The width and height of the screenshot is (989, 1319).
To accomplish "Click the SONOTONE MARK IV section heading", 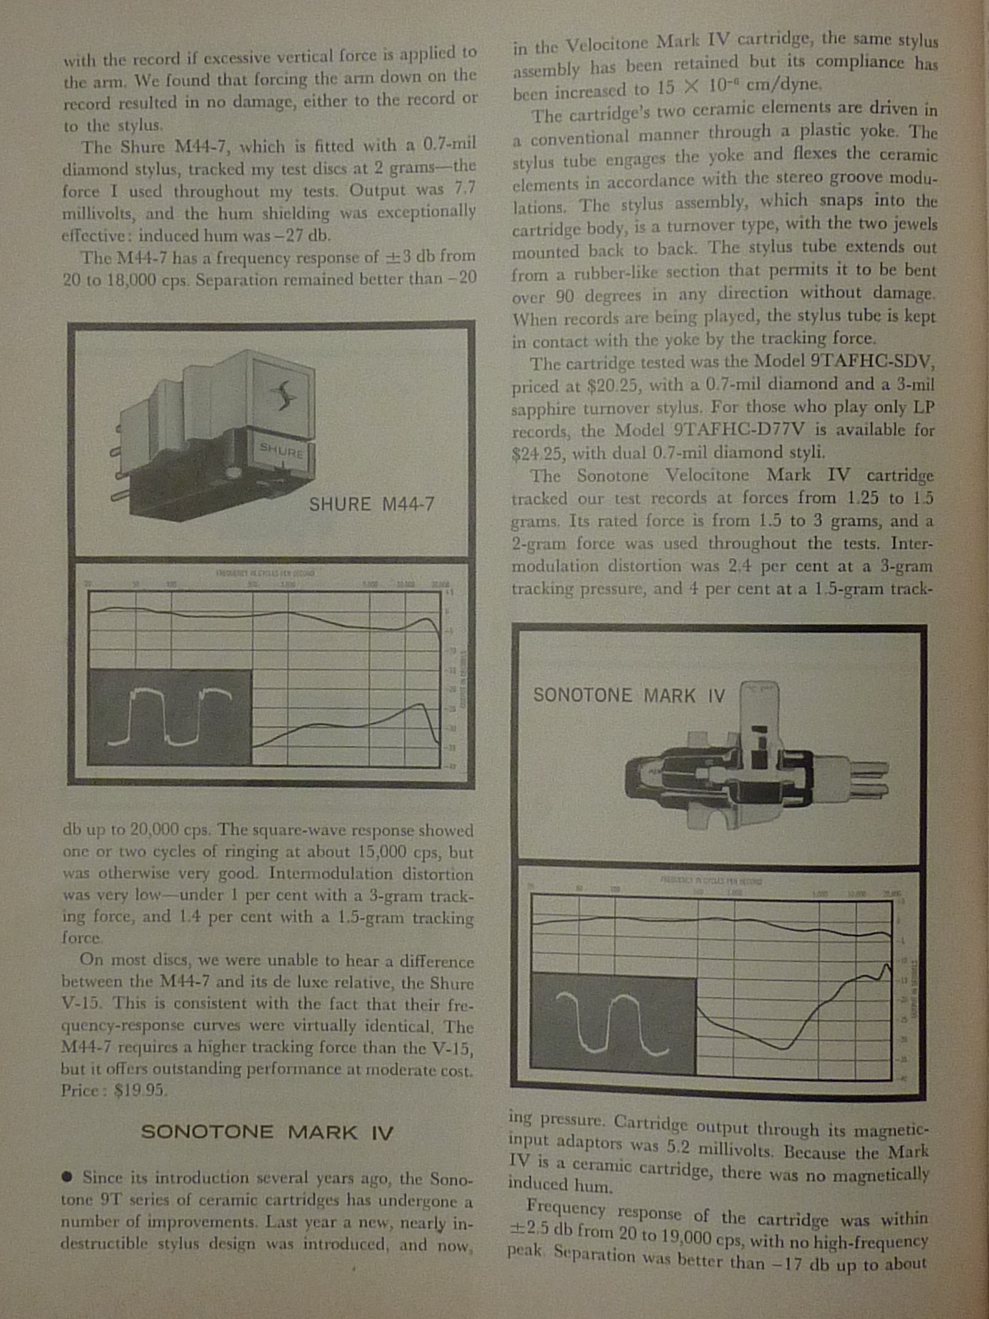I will coord(266,1132).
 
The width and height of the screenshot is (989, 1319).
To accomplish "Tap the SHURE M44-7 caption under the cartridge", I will coord(371,505).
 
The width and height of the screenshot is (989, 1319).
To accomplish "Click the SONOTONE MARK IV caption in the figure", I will coord(629,696).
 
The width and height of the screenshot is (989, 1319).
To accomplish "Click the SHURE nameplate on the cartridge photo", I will coord(281,450).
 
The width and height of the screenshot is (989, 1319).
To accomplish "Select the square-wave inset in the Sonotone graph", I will coord(613,1022).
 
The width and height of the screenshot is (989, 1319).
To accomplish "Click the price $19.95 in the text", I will coord(141,1091).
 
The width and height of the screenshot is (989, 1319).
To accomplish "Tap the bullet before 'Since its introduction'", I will coord(67,1176).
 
